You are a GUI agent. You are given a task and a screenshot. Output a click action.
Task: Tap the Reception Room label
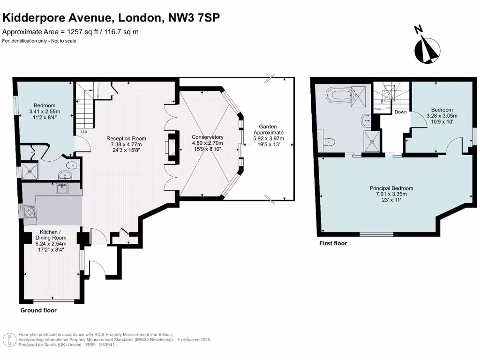126,138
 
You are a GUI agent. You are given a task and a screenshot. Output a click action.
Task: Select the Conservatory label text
208,137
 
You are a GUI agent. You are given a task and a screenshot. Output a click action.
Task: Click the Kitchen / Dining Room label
50,232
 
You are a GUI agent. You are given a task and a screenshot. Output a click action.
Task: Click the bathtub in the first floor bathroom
340,97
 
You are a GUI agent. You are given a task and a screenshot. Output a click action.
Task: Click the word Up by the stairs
85,132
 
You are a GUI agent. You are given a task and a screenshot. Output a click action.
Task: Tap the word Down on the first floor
400,112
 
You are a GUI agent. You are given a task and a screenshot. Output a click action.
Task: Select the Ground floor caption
38,310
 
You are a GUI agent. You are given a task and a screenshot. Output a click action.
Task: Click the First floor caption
333,243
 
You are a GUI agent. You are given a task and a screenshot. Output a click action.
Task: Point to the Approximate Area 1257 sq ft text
70,32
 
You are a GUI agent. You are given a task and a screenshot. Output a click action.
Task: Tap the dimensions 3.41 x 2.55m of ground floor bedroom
44,112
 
